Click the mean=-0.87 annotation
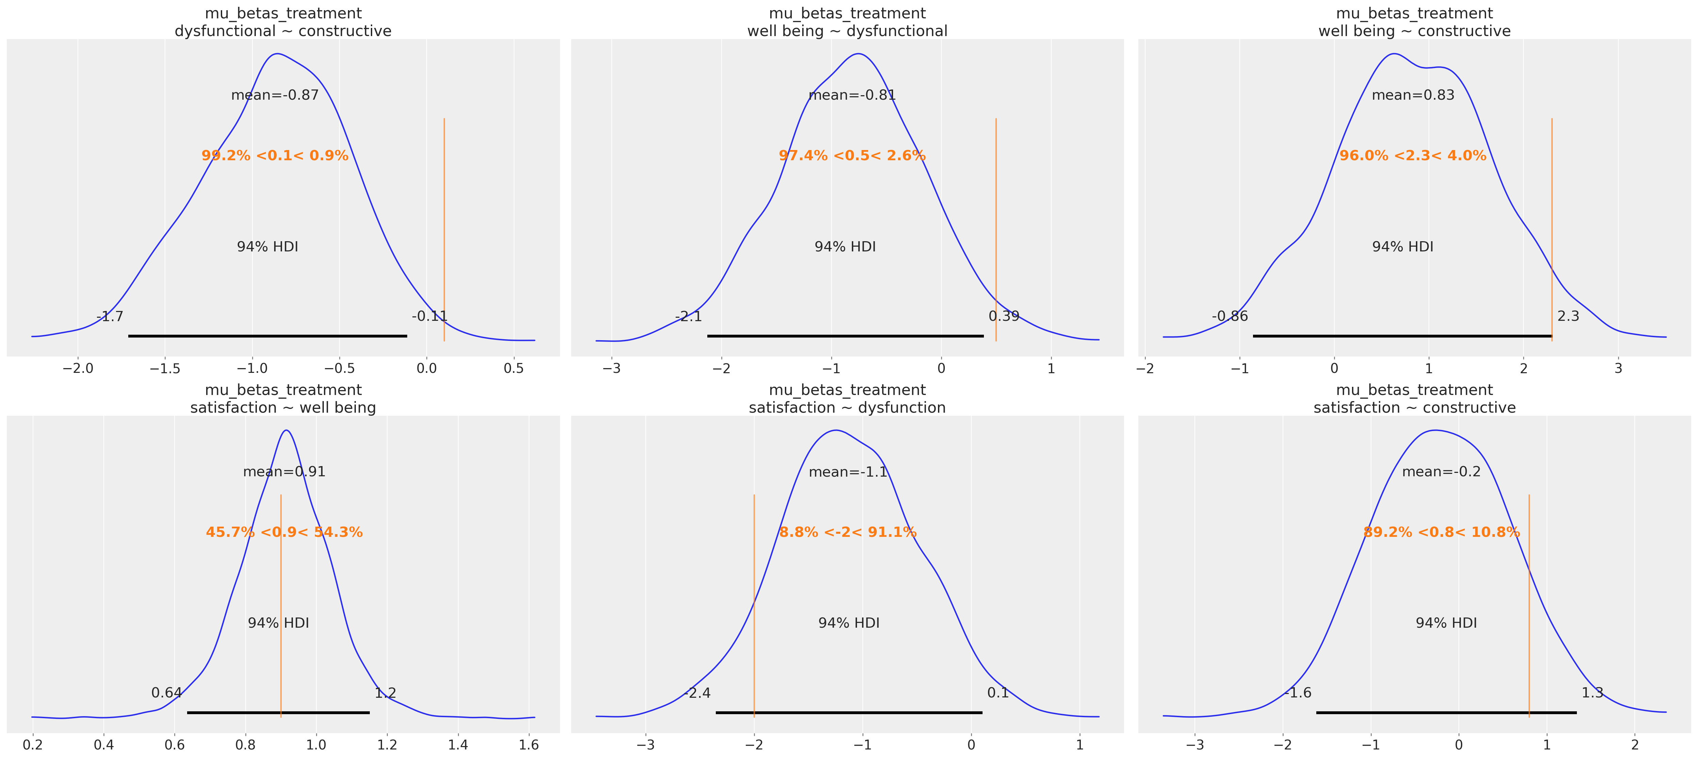coord(275,95)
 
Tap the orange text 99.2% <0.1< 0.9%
coord(275,155)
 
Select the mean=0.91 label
coord(284,472)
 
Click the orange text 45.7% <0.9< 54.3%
coord(284,532)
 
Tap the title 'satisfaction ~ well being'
coord(283,408)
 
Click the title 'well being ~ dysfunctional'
coord(847,31)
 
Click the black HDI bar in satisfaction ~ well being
coord(278,712)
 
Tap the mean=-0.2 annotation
coord(1441,472)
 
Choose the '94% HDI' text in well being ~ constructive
coord(1402,247)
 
